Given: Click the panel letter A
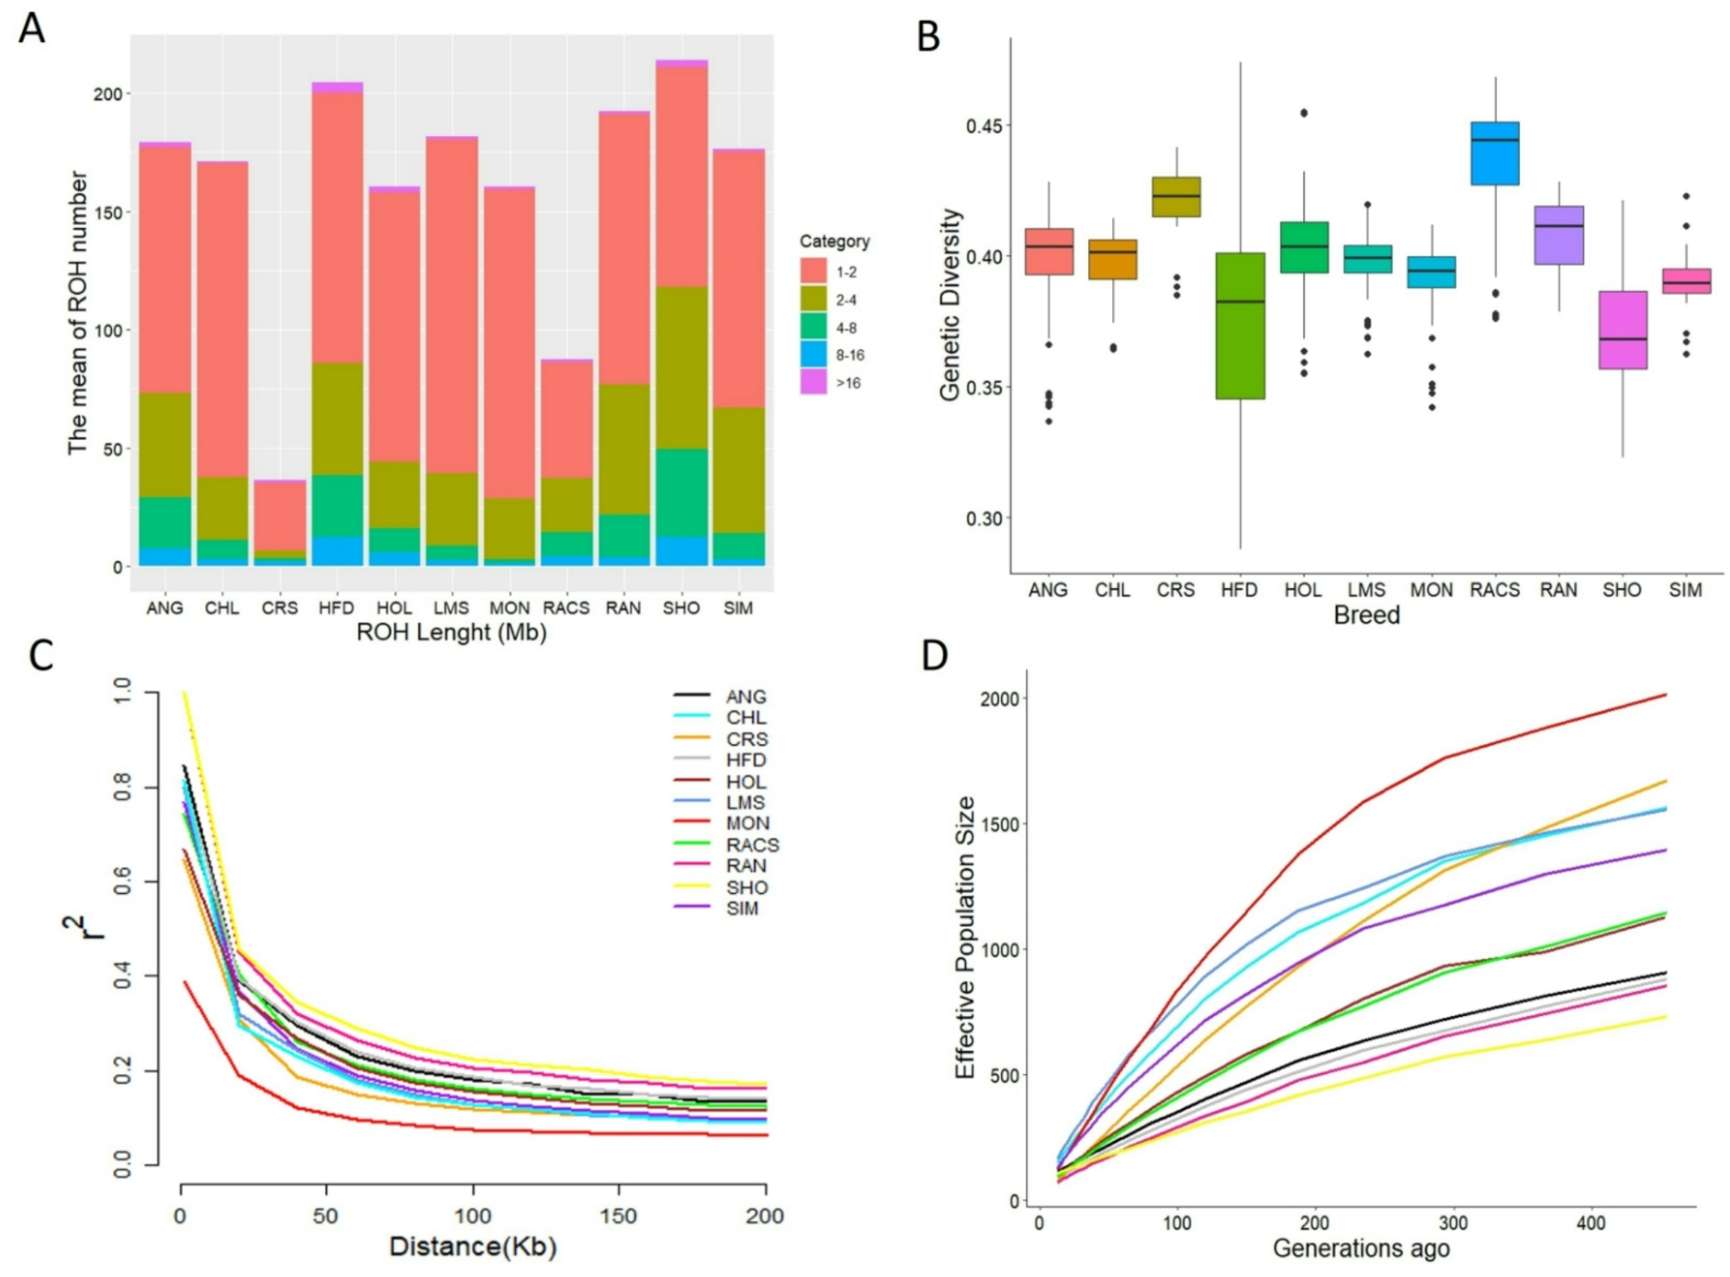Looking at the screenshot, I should pos(32,28).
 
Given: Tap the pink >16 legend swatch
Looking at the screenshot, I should pos(813,382).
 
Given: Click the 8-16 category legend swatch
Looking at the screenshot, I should pos(813,355).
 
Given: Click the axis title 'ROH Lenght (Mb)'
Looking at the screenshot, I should pos(451,633).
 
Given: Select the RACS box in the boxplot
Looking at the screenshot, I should pos(1495,153).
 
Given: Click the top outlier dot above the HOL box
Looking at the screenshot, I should pos(1304,113).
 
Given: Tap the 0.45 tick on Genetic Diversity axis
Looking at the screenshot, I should pos(983,126).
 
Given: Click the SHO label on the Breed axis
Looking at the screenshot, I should pos(1621,591).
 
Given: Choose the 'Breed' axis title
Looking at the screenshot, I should pos(1366,616).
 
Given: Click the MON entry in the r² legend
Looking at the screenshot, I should pos(747,824).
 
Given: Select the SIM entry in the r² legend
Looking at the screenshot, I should pos(742,908).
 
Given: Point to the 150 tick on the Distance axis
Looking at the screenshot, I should pos(619,1216).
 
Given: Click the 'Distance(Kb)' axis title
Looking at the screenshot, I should pos(473,1246).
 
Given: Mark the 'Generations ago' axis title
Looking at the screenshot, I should pos(1361,1248).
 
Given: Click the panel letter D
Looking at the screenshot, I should pos(935,656).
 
